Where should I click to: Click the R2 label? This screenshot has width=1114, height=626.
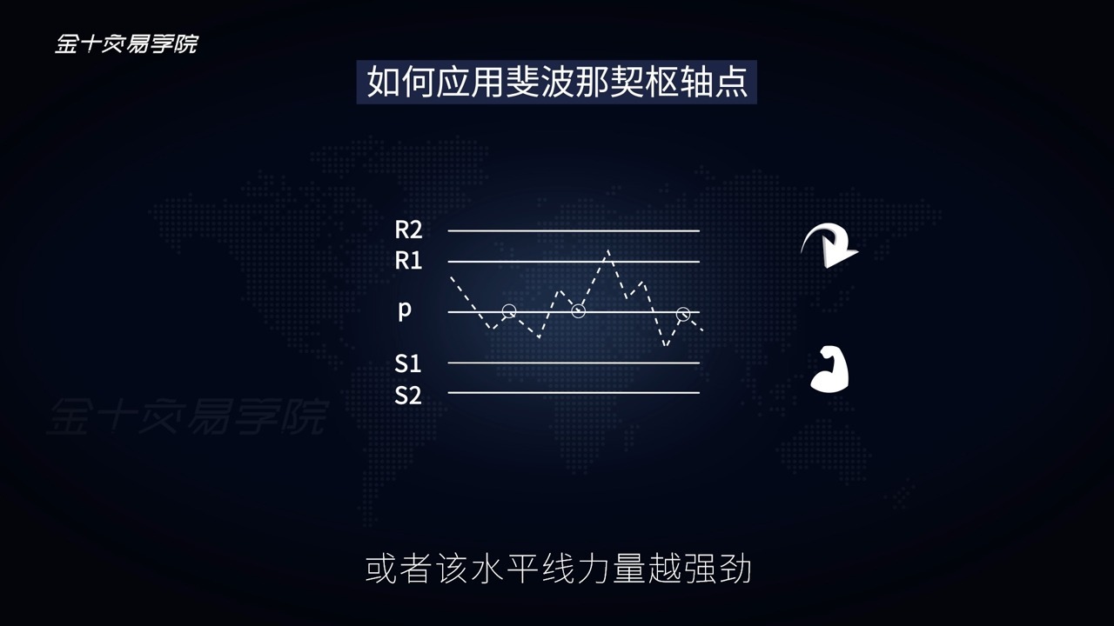point(408,230)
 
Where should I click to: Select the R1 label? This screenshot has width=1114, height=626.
point(408,261)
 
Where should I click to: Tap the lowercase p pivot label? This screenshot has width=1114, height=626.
point(405,310)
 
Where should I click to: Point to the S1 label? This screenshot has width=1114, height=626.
point(408,363)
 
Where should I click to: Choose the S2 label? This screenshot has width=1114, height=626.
point(408,396)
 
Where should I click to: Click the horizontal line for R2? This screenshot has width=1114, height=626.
point(574,230)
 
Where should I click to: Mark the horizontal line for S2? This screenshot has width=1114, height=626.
point(574,392)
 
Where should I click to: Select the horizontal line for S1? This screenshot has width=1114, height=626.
point(574,363)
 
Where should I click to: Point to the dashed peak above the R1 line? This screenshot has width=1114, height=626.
point(607,251)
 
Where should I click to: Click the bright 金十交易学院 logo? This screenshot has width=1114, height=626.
point(126,43)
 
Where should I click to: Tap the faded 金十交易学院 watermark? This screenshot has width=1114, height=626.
point(188,416)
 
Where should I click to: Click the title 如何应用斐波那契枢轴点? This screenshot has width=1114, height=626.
point(557,82)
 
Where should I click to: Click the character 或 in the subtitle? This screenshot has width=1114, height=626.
point(381,569)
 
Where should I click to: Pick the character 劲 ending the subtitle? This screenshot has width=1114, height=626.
point(735,569)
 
